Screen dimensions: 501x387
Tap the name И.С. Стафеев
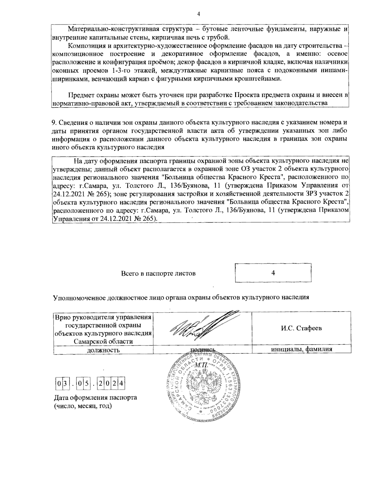pyautogui.click(x=301, y=328)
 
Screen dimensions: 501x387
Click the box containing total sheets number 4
pyautogui.click(x=273, y=273)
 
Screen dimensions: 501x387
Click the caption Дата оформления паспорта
pyautogui.click(x=95, y=397)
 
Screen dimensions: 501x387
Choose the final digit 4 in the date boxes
pyautogui.click(x=122, y=384)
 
